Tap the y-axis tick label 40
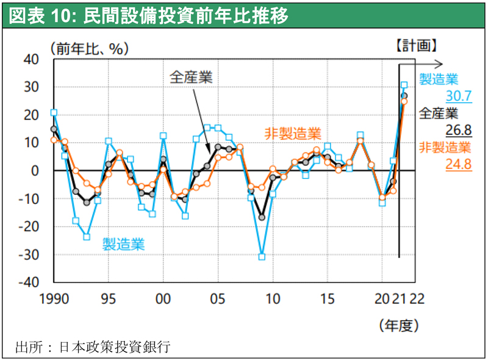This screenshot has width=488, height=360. coord(30,59)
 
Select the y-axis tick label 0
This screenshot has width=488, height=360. coord(35,171)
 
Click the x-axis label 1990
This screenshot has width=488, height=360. coord(54,299)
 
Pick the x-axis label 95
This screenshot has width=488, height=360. coord(109,299)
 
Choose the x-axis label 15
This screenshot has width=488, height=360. coord(328,299)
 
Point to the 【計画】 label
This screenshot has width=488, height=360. coord(415,45)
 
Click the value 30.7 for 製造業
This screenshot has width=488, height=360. coord(459,96)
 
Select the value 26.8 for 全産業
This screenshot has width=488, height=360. coord(459,130)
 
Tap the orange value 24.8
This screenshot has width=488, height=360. coord(459,164)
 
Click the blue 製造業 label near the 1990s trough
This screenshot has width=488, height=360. coord(123,245)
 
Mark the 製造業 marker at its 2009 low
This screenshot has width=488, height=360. coord(262,257)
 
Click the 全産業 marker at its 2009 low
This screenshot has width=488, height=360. coord(262,217)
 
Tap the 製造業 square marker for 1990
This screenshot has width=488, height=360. coord(54,112)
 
